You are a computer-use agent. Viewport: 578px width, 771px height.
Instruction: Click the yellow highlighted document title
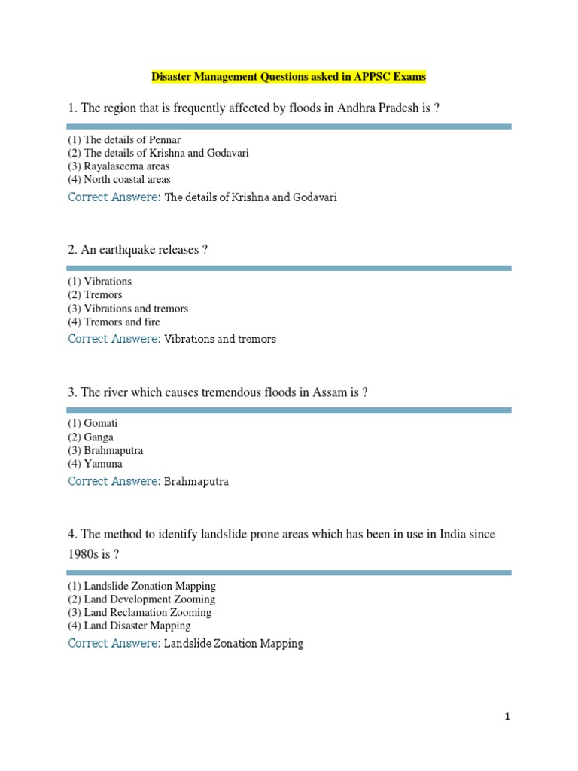[289, 77]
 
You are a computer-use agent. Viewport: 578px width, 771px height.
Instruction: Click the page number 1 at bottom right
[508, 717]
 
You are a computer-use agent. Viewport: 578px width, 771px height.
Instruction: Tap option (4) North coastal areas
[119, 180]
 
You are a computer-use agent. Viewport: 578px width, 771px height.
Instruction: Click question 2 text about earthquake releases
[137, 250]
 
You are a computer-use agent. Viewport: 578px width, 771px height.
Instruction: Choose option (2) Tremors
[95, 295]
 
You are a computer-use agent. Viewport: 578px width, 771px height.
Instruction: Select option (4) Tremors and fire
[114, 322]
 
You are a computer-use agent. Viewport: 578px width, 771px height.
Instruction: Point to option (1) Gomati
[93, 423]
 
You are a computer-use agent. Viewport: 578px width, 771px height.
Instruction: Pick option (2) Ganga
[90, 437]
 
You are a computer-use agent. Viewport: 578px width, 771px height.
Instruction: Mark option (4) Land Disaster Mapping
[129, 626]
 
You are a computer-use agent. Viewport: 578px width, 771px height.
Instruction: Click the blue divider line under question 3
[289, 410]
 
